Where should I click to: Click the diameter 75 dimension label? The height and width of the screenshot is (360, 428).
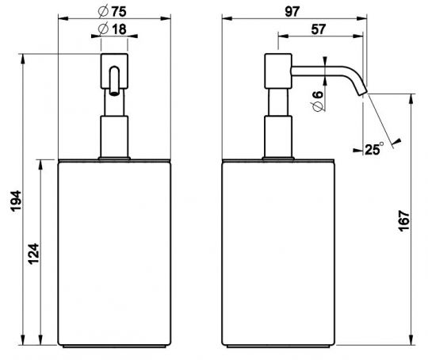[x=113, y=11]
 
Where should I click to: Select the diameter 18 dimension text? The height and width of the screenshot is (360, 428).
[x=113, y=29]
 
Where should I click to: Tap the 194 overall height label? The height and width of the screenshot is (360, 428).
[x=16, y=201]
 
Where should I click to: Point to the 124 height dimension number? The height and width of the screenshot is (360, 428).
[x=33, y=254]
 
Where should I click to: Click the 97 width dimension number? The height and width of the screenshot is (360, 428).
[x=292, y=11]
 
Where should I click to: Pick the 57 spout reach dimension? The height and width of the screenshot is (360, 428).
[x=319, y=29]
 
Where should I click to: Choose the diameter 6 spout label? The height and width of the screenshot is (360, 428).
[x=318, y=101]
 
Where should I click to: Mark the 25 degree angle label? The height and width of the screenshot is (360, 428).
[x=374, y=149]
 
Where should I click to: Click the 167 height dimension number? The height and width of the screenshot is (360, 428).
[x=404, y=220]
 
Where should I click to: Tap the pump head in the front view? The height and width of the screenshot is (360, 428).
[x=114, y=71]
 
